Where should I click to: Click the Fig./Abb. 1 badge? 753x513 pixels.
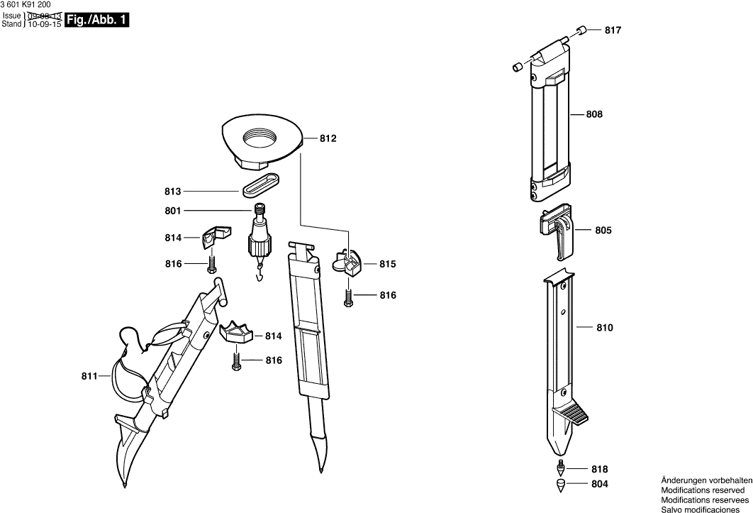(96, 21)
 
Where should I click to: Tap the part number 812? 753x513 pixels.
(328, 139)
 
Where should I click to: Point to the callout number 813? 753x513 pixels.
(173, 192)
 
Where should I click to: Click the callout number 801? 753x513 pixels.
(173, 211)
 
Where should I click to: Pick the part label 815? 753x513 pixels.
(387, 264)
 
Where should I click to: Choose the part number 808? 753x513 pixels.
(594, 114)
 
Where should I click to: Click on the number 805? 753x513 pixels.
(603, 231)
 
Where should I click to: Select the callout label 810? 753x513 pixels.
(605, 328)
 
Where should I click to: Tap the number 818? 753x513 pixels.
(599, 469)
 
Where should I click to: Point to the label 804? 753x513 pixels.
(599, 485)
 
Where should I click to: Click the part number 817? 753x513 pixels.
(613, 31)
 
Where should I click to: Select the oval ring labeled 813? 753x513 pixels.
(262, 184)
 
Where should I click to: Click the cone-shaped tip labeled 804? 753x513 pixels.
(559, 486)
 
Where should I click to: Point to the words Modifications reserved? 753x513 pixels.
(703, 490)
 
